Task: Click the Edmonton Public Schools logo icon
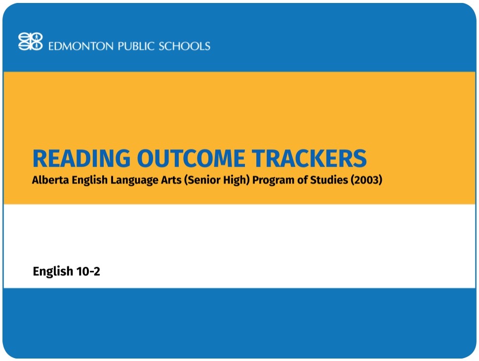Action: click(x=31, y=41)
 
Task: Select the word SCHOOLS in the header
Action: click(x=184, y=46)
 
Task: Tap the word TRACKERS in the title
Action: click(x=310, y=158)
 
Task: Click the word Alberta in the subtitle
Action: click(x=49, y=180)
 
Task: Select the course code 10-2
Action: click(x=88, y=271)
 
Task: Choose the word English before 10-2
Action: click(x=53, y=272)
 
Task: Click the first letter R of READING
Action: click(x=40, y=158)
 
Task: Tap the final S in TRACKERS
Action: click(x=360, y=158)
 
